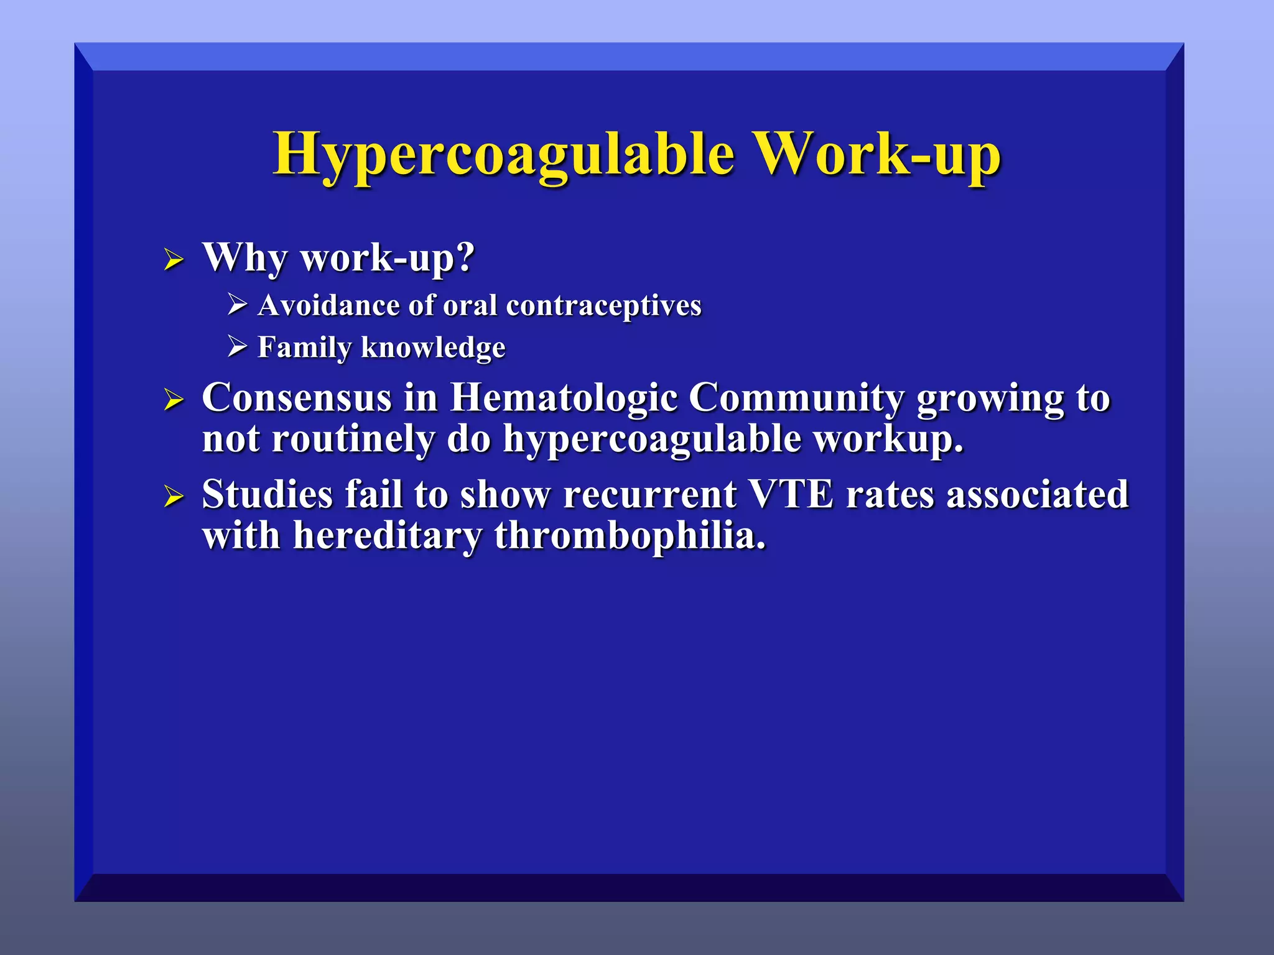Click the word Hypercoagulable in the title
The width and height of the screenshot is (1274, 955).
(504, 154)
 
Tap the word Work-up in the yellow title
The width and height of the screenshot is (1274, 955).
(877, 154)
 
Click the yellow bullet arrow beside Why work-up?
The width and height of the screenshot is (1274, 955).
(174, 259)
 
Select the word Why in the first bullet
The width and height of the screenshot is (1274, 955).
(244, 257)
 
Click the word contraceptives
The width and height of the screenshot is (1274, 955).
(603, 305)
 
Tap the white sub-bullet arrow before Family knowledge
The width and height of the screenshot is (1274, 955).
(237, 346)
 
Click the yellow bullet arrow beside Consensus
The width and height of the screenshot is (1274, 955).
(174, 399)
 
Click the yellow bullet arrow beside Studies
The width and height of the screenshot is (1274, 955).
(174, 496)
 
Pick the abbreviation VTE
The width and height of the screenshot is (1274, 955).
(791, 494)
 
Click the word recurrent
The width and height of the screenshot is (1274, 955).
(649, 494)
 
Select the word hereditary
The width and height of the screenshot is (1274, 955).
(388, 535)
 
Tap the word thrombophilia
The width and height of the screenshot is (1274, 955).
(630, 535)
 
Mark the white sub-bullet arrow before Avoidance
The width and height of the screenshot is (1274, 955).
(237, 305)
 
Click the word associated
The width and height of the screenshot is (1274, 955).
(1037, 494)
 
